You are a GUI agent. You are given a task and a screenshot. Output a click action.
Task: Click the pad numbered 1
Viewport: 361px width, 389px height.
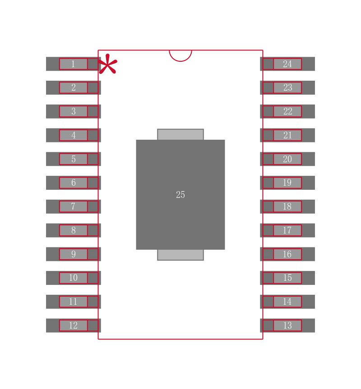pos(74,64)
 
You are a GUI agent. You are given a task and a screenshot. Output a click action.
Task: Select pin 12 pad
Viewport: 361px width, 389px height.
pos(74,325)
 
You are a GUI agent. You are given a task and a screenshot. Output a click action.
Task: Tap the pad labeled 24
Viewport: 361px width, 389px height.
pos(287,64)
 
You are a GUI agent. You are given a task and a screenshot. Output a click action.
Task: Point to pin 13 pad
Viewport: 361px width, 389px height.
pos(287,325)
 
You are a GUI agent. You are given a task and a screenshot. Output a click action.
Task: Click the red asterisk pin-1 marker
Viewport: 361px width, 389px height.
pos(107,64)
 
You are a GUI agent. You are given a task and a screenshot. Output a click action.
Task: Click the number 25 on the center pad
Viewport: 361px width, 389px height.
pos(180,195)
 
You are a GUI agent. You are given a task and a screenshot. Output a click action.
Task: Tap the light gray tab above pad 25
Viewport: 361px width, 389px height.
pos(180,134)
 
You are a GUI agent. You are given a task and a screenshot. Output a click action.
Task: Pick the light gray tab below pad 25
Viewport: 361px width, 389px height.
pos(180,255)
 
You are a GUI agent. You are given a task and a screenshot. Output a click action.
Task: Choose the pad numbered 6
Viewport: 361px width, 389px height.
pos(74,183)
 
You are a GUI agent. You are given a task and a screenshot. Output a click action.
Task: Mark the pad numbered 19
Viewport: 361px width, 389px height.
pos(287,183)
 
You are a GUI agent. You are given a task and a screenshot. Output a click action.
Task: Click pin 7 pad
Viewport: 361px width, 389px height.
pos(74,206)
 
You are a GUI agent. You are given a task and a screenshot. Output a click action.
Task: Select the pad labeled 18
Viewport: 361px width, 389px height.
pos(287,206)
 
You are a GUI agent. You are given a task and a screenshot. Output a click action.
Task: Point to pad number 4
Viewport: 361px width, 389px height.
pos(74,135)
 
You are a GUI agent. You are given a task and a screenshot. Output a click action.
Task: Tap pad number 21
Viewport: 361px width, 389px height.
pos(287,135)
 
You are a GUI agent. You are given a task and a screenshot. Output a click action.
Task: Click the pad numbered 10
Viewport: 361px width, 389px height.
pos(74,278)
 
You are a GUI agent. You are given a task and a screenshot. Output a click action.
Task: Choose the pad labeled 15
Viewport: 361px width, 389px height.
pos(287,278)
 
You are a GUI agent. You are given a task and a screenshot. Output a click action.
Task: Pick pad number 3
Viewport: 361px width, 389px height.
pos(74,111)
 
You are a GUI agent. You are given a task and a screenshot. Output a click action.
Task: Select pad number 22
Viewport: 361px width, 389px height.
pos(287,111)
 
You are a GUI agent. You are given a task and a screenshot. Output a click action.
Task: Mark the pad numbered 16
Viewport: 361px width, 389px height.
pos(287,254)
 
